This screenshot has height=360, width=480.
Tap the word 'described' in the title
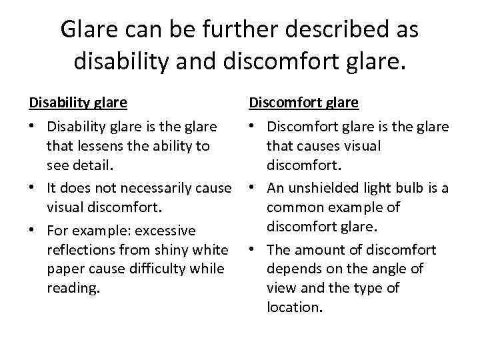(335, 29)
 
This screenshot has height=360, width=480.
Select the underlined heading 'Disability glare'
(78, 103)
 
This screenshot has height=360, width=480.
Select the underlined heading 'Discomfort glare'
(303, 103)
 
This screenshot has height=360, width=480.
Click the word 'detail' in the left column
(95, 164)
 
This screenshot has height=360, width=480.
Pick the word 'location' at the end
(294, 307)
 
